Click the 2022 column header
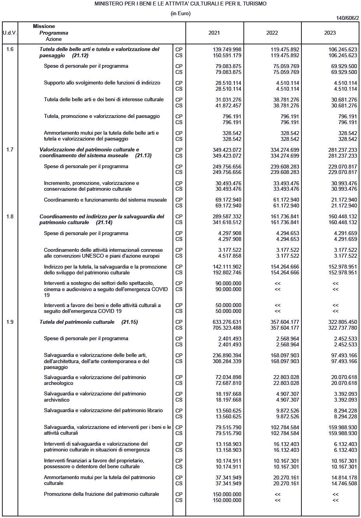[272, 33]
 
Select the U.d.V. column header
[10, 33]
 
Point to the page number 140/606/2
[347, 18]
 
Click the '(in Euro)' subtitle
[180, 14]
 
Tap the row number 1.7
[10, 150]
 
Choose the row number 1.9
[10, 322]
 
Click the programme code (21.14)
[104, 223]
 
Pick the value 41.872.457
[228, 106]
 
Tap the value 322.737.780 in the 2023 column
[343, 328]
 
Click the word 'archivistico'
[57, 400]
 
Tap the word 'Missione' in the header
[44, 26]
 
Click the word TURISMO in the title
[254, 4]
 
